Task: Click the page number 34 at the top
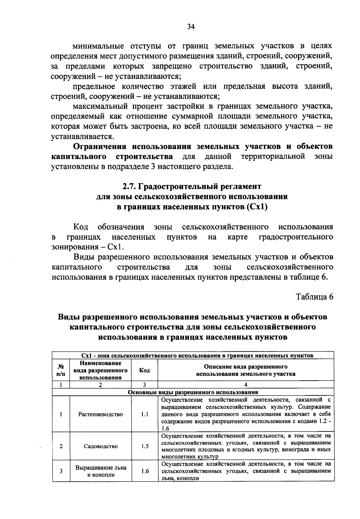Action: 191,27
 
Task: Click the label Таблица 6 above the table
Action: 314,297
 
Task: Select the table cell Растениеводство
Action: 100,414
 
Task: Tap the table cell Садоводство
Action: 100,446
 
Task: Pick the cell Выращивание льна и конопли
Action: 100,471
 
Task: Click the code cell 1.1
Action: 145,414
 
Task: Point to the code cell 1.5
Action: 145,446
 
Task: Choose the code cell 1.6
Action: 145,471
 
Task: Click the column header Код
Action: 145,370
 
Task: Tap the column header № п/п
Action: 61,370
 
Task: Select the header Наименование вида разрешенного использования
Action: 100,370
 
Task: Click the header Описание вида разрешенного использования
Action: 245,370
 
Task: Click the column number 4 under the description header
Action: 245,385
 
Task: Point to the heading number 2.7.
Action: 130,187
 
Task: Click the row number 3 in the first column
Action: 61,471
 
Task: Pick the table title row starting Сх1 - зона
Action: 193,355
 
